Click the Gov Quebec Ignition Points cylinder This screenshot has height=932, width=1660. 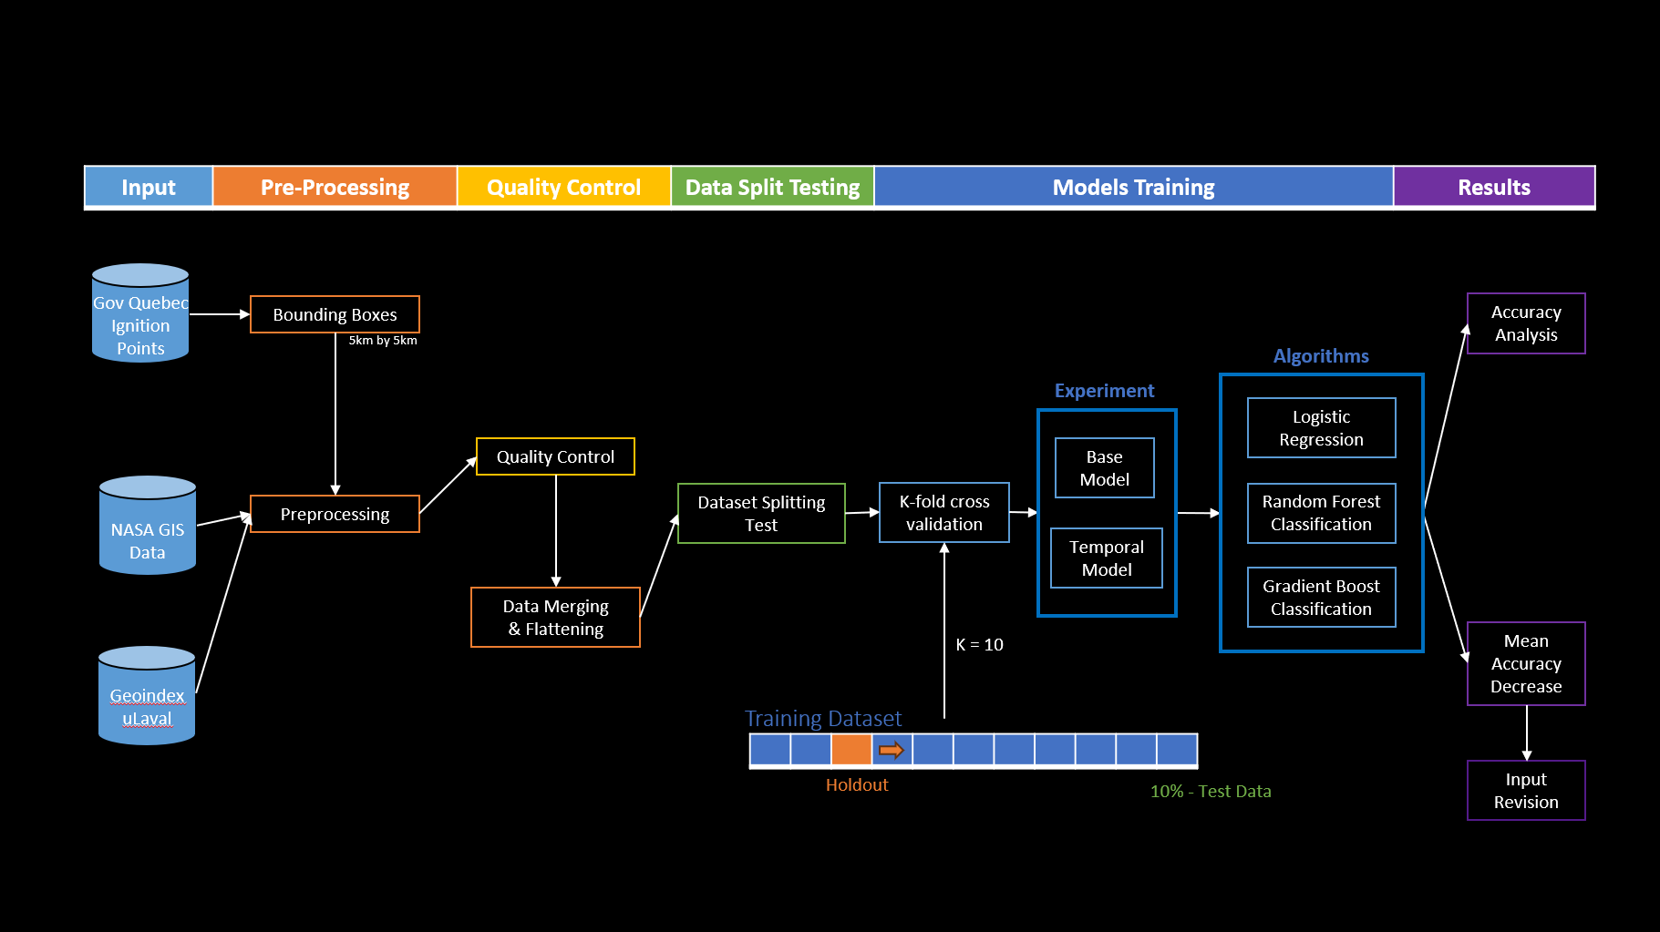140,314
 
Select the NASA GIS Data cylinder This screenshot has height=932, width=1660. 147,527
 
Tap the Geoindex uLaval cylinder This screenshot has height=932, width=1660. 147,697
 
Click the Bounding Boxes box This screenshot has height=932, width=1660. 335,314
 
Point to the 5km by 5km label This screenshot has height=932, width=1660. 382,341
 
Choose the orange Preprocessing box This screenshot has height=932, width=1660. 335,514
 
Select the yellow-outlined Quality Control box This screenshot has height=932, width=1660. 555,456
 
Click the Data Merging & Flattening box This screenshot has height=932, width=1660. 555,617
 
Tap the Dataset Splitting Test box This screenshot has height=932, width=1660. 761,513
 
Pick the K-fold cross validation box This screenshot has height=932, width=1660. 943,512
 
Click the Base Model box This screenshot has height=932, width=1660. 1104,467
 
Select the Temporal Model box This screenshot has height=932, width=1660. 1106,558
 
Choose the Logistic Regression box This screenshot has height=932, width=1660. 1321,427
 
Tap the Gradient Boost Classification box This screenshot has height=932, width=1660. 1321,597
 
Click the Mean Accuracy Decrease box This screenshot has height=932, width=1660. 1525,663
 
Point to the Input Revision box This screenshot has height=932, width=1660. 1525,790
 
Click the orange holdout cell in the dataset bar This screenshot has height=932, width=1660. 851,750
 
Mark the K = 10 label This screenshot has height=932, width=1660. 979,645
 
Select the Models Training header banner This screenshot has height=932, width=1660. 1133,187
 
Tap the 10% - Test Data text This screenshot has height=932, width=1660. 1210,791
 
